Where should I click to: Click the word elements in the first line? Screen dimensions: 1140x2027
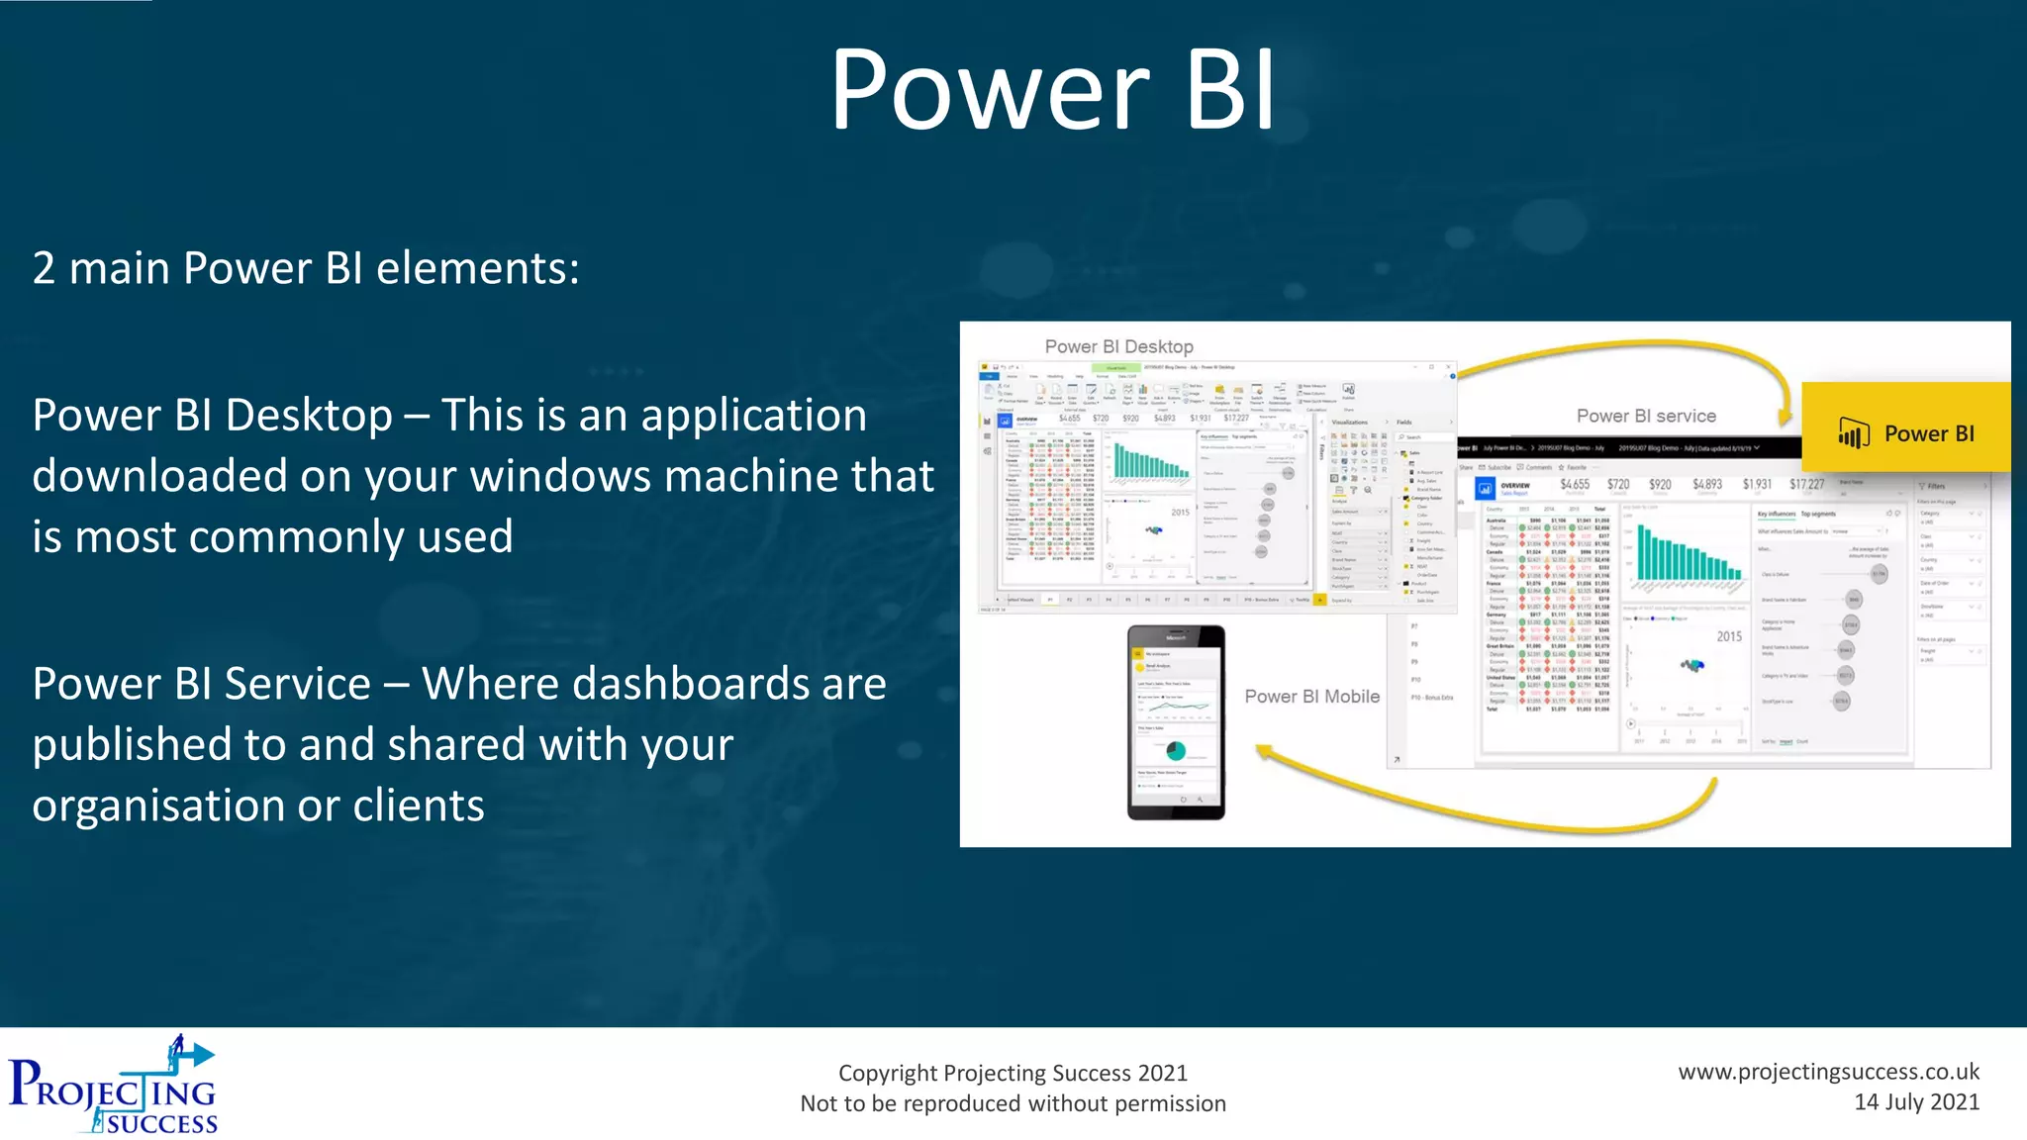(x=477, y=268)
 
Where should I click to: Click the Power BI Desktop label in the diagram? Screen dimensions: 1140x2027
(x=1118, y=346)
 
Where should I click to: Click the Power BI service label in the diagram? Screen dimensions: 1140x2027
(x=1646, y=416)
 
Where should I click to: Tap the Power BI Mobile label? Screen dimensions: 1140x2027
(x=1311, y=696)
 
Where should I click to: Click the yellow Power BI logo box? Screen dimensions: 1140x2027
(x=1905, y=427)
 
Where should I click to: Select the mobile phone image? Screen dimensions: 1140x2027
(x=1176, y=722)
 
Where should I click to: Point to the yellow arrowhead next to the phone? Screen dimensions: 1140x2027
(x=1266, y=753)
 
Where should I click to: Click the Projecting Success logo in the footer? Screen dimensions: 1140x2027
(x=114, y=1086)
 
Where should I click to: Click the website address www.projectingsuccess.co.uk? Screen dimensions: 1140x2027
(x=1828, y=1071)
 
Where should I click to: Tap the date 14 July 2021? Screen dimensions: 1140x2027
(x=1916, y=1102)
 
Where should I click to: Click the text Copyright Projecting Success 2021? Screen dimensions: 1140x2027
(x=1013, y=1073)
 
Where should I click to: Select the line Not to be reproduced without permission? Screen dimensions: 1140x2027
(x=1013, y=1103)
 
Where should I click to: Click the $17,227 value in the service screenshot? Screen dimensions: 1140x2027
(x=1806, y=484)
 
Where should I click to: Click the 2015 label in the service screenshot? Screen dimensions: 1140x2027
(x=1729, y=636)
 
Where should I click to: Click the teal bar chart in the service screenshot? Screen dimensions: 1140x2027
(x=1689, y=554)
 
